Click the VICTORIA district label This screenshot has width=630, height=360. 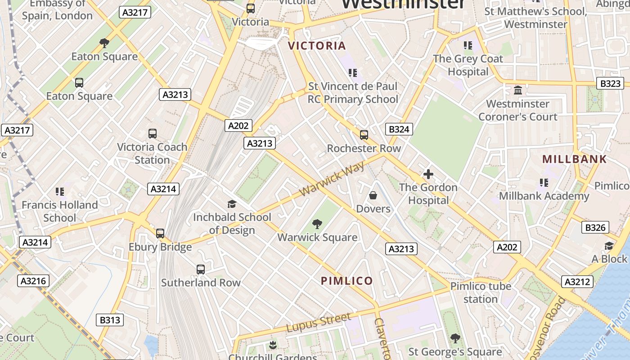(x=317, y=45)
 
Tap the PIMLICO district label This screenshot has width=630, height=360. (x=346, y=281)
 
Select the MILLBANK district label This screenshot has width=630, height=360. (x=574, y=159)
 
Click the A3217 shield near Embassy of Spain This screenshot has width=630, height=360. (x=135, y=12)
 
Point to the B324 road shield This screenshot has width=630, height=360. (x=399, y=130)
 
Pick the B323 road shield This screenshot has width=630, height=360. (x=610, y=83)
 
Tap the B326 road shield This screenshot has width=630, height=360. (x=595, y=228)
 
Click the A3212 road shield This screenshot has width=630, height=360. (x=577, y=282)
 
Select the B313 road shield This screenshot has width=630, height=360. (x=110, y=320)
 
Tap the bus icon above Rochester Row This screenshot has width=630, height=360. (x=364, y=135)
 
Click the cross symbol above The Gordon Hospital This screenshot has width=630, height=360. (x=428, y=174)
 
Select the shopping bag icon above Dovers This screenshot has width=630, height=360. (x=373, y=195)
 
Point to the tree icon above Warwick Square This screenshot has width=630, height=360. (x=317, y=224)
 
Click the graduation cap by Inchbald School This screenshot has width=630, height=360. (x=232, y=204)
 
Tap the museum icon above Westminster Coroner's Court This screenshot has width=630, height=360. (x=517, y=90)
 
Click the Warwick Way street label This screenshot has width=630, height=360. (x=332, y=181)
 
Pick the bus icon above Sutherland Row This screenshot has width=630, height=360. (x=201, y=270)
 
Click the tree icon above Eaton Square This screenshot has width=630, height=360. (x=104, y=43)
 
